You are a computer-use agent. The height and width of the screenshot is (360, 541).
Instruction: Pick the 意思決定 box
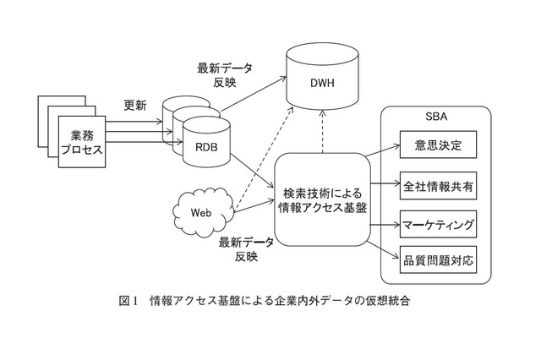[437, 145]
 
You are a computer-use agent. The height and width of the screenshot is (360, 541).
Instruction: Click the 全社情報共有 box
[437, 183]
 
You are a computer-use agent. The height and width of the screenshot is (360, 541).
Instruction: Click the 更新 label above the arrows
[135, 106]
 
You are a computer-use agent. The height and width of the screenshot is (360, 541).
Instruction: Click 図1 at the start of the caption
[128, 302]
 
